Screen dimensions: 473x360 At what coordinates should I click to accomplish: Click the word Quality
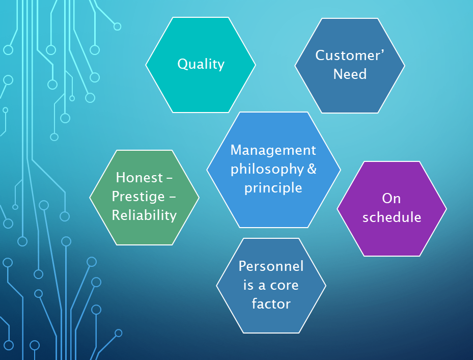pyautogui.click(x=201, y=64)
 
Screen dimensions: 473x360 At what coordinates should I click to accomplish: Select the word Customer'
pyautogui.click(x=350, y=55)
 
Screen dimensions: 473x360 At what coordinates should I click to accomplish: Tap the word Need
pyautogui.click(x=350, y=74)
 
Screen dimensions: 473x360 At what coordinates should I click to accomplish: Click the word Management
pyautogui.click(x=273, y=150)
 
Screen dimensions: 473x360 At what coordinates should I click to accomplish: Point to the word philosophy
pyautogui.click(x=267, y=170)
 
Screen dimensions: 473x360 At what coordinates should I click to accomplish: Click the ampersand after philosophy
pyautogui.click(x=312, y=169)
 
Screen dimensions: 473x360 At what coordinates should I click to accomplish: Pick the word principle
pyautogui.click(x=273, y=188)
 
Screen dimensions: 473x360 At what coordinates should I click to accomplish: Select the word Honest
pyautogui.click(x=140, y=177)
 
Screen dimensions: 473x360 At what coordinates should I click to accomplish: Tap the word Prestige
pyautogui.click(x=138, y=197)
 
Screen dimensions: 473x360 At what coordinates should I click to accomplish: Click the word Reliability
pyautogui.click(x=144, y=215)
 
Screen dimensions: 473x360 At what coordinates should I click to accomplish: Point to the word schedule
pyautogui.click(x=392, y=217)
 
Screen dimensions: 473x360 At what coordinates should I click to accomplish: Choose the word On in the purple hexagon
pyautogui.click(x=391, y=199)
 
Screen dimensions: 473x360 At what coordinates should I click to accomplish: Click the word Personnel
pyautogui.click(x=271, y=266)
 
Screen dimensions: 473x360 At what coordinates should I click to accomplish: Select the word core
pyautogui.click(x=284, y=286)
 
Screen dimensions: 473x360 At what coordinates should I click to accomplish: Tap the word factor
pyautogui.click(x=271, y=303)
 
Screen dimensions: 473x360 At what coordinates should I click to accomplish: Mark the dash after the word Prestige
pyautogui.click(x=172, y=198)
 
